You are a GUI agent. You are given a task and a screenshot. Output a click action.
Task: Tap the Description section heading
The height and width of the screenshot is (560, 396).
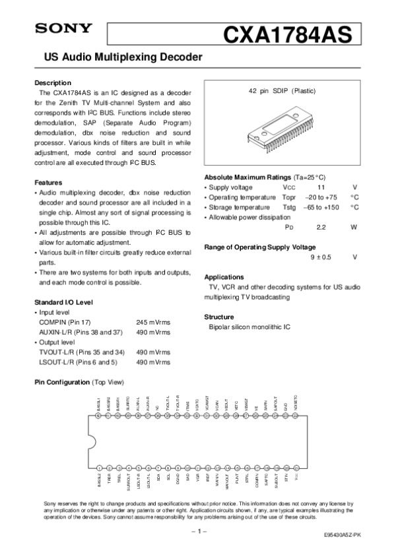tap(53, 83)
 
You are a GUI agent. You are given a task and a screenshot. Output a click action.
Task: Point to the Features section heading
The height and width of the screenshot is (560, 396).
tap(48, 182)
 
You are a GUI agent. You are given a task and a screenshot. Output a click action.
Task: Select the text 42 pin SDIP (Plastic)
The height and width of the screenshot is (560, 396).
tap(282, 90)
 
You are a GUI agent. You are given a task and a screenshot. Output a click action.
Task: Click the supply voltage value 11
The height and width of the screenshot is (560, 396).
tap(321, 187)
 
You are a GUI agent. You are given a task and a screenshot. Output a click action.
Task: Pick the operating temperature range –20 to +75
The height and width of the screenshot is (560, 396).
tap(321, 197)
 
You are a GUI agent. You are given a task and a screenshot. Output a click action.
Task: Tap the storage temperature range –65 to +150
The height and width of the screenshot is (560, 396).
tap(320, 207)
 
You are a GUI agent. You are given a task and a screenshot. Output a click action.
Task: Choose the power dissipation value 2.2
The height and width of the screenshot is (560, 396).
tap(321, 227)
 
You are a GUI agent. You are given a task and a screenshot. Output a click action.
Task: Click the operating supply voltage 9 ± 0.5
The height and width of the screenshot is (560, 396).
tap(321, 257)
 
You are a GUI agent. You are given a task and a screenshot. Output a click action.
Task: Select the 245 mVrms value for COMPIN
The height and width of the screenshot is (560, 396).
tap(153, 322)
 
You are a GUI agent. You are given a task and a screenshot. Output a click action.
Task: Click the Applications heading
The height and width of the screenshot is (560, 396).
tap(225, 277)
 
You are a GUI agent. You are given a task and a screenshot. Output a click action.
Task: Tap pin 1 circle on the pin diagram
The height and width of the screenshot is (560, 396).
tap(99, 467)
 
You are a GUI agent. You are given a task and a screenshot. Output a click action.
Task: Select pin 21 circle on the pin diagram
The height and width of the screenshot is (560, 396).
tap(296, 467)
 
